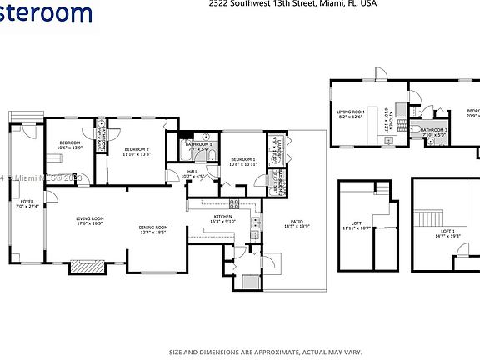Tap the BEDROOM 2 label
point(122,148)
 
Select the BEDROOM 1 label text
point(242,158)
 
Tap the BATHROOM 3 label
point(433,130)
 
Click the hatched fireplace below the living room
point(87,267)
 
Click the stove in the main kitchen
point(234,202)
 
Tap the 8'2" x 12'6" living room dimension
point(351,117)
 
